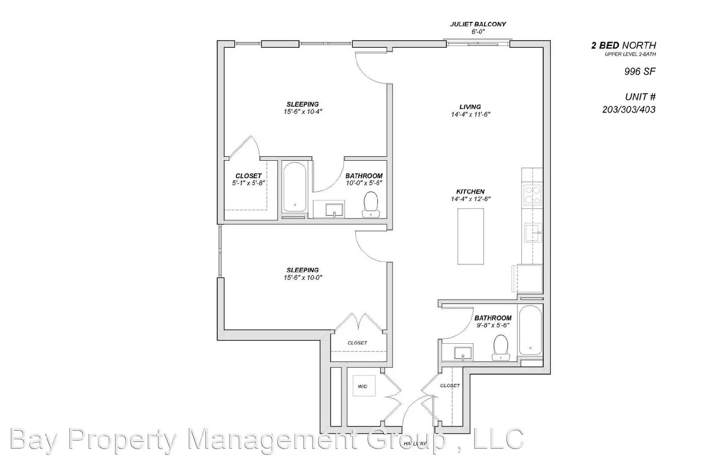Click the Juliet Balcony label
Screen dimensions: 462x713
(x=478, y=25)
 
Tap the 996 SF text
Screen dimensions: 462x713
(x=639, y=71)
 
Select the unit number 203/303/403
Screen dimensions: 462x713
(x=629, y=109)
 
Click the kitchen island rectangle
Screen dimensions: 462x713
(x=471, y=236)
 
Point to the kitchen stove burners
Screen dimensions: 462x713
(x=533, y=195)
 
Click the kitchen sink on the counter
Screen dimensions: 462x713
(x=533, y=233)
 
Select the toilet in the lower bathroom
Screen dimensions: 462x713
(x=501, y=347)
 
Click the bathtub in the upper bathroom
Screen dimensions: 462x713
(x=295, y=187)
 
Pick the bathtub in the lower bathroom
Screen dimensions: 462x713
(x=530, y=330)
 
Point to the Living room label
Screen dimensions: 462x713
(x=470, y=107)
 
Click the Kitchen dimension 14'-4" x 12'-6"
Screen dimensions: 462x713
(x=471, y=199)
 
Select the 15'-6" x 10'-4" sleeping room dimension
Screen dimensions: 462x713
(x=303, y=112)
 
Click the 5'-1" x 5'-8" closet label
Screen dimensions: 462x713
(x=248, y=183)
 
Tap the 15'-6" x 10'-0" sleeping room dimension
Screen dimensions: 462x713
(x=303, y=278)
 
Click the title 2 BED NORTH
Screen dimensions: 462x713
(x=623, y=45)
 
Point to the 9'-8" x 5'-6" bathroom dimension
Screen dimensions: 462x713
(x=492, y=325)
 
